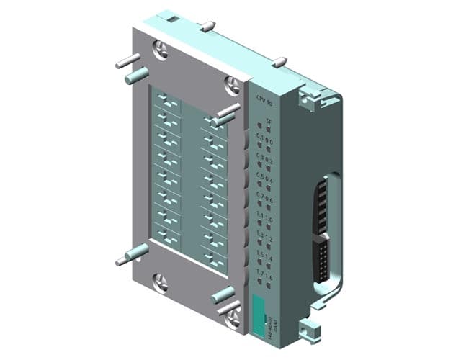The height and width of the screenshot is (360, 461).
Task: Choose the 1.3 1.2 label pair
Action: click(x=266, y=238)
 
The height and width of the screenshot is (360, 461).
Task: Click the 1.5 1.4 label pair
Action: click(x=266, y=258)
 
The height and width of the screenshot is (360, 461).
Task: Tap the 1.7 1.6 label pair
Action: click(x=266, y=277)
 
